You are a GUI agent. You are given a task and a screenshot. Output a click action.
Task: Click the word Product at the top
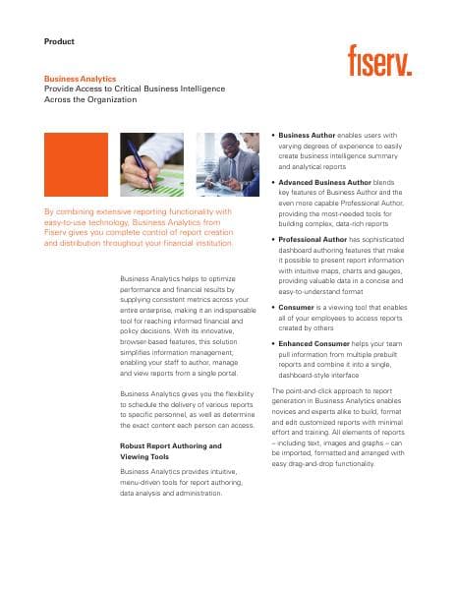pyautogui.click(x=60, y=41)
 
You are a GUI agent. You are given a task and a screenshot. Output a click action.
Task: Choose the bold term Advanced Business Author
pyautogui.click(x=323, y=182)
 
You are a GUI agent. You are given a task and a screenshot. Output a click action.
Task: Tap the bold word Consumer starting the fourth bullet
pyautogui.click(x=298, y=307)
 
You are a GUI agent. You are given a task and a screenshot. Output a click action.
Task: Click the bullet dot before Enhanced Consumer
pyautogui.click(x=272, y=343)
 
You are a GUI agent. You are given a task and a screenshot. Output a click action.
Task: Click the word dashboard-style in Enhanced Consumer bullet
pyautogui.click(x=307, y=375)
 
